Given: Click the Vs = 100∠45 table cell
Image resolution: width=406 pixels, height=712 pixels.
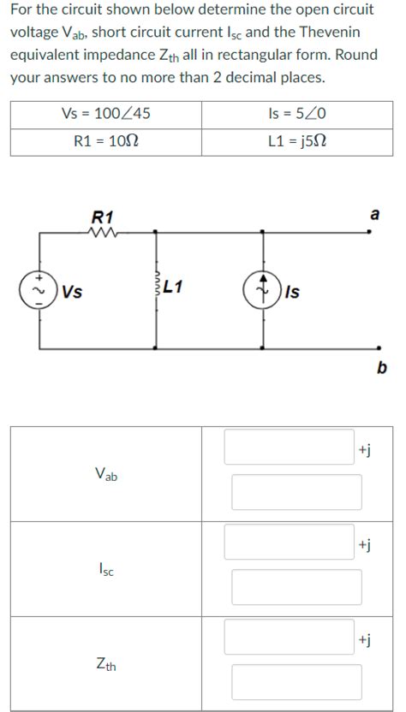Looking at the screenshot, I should pos(106,114).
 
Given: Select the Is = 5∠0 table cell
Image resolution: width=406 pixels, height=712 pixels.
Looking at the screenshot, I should pos(297,114).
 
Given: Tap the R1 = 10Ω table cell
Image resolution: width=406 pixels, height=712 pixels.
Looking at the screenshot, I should pos(106,141).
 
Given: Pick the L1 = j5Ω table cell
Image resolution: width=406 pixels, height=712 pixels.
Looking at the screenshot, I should pos(297,141).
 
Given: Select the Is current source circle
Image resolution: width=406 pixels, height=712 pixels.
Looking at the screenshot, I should pos(263,289).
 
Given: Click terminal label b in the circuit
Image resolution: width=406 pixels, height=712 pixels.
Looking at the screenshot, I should pos(382,369).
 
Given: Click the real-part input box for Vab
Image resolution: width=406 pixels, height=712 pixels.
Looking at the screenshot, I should pos(289,447).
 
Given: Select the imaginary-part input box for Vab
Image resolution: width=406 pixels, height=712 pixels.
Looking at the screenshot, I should pos(296,492).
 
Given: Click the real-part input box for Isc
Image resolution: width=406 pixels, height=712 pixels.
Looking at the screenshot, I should pos(289,542).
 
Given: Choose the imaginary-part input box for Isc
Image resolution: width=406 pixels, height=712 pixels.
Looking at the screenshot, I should pos(296,587).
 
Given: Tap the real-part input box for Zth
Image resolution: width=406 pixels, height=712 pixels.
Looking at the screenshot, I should pos(289,637).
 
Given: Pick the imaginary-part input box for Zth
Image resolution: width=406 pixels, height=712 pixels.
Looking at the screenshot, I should pos(296,682).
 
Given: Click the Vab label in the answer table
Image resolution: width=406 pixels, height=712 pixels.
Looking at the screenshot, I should pos(106,473).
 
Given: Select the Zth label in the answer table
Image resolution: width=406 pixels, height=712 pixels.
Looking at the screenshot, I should pos(106,663).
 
